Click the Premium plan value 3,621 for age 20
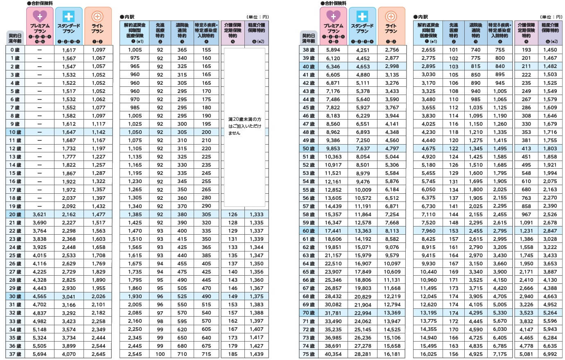(x=39, y=214)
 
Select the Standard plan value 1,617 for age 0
(x=69, y=50)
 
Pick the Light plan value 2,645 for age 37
(x=98, y=354)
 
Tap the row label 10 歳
(x=15, y=132)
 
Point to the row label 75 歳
(x=309, y=354)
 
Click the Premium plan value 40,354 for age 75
(x=333, y=354)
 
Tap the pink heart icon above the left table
(x=40, y=16)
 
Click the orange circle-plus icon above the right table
(x=391, y=17)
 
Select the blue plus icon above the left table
(x=68, y=16)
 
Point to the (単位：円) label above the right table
(x=551, y=17)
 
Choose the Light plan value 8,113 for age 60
(x=392, y=231)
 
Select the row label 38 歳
(x=309, y=50)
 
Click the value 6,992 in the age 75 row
(x=550, y=354)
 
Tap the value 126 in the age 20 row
(x=233, y=214)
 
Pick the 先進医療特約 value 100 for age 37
(x=160, y=354)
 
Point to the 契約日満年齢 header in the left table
(x=15, y=38)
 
